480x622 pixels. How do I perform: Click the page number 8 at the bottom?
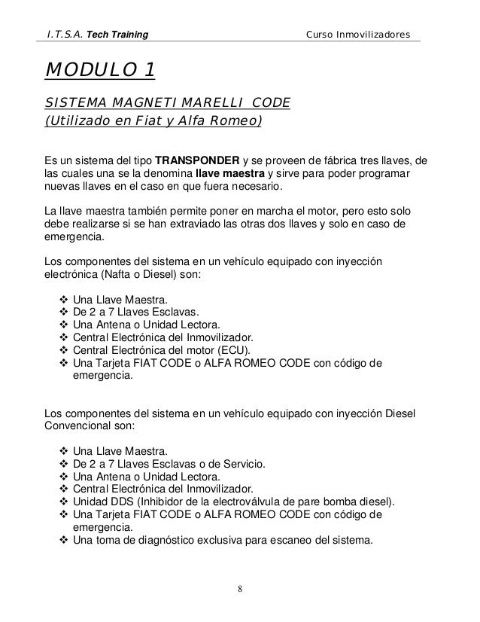[x=239, y=587]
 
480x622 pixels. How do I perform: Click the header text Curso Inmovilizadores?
[x=358, y=35]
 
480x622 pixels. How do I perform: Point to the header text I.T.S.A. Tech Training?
[x=97, y=35]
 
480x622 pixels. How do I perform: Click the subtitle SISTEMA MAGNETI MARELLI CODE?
[x=168, y=102]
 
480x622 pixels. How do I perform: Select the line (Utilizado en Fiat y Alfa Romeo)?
[x=153, y=120]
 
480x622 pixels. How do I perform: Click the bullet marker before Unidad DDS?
[x=62, y=502]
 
